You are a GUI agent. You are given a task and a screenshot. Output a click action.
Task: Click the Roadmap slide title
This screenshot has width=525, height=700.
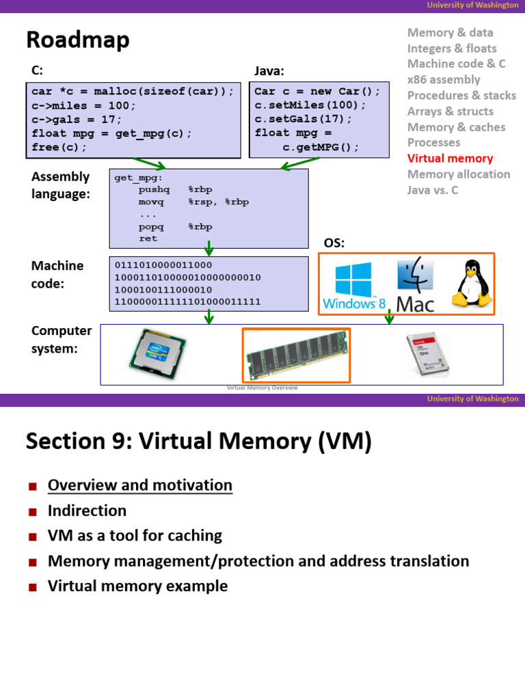pyautogui.click(x=77, y=40)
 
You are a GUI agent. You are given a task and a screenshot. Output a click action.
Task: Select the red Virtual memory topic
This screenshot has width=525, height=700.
pyautogui.click(x=450, y=159)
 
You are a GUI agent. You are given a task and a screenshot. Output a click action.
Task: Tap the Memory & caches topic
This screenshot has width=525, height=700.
pyautogui.click(x=456, y=127)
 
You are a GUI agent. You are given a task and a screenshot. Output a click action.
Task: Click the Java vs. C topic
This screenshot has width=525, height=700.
pyautogui.click(x=433, y=190)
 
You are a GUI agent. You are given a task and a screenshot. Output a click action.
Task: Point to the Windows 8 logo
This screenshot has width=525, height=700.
pyautogui.click(x=353, y=285)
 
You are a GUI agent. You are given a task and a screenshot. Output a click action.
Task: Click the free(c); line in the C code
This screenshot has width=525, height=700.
pyautogui.click(x=59, y=147)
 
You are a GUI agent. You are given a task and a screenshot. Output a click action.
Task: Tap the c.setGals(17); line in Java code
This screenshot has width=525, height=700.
pyautogui.click(x=304, y=119)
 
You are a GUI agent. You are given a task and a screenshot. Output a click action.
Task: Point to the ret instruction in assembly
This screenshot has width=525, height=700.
pyautogui.click(x=148, y=239)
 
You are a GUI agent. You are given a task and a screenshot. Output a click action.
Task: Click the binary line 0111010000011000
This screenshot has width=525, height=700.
pyautogui.click(x=163, y=265)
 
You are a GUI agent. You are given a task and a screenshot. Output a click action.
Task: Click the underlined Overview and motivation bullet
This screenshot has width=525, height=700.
pyautogui.click(x=139, y=485)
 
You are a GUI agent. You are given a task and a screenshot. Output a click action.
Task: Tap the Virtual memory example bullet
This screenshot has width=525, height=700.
pyautogui.click(x=137, y=586)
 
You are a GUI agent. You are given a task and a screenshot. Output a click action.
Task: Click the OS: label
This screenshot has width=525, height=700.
pyautogui.click(x=334, y=243)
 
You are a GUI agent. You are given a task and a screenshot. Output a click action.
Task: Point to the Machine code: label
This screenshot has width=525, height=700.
pyautogui.click(x=57, y=274)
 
